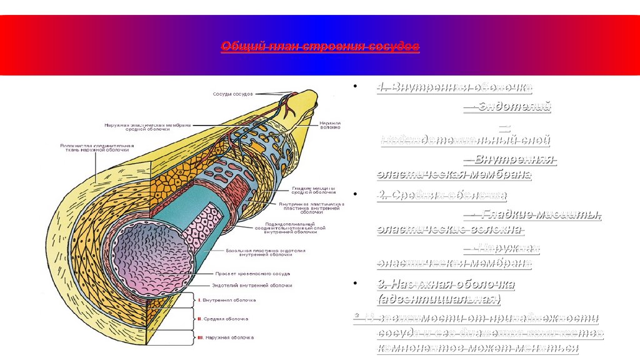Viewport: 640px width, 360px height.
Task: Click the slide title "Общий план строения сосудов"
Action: [320, 47]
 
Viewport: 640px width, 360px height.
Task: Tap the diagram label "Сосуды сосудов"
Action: [230, 94]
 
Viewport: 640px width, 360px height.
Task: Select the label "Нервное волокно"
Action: [330, 126]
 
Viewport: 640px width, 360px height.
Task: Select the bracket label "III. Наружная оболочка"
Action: [225, 337]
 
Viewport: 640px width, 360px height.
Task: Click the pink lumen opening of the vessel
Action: [150, 256]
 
